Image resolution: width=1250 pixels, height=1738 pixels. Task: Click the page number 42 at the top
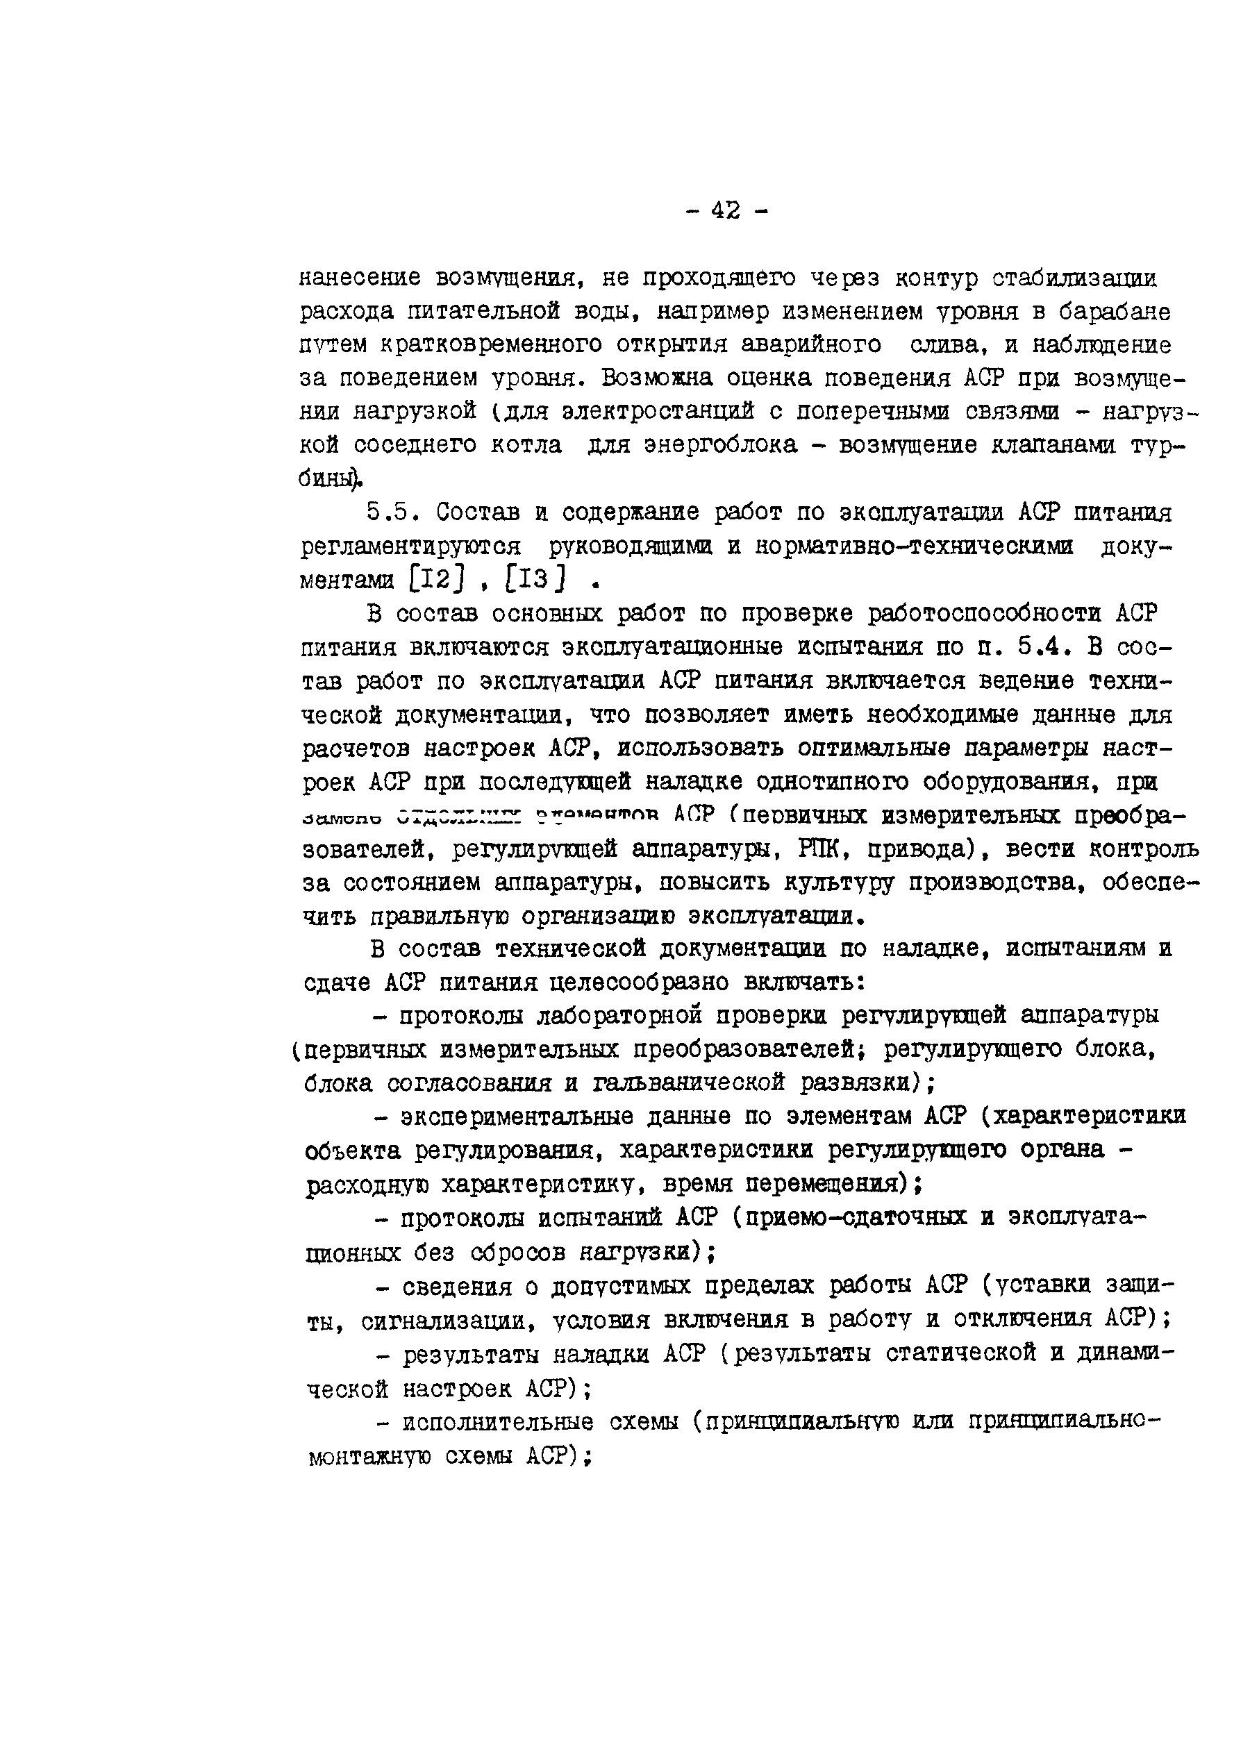coord(725,209)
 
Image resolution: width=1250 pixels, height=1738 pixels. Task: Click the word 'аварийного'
coord(812,345)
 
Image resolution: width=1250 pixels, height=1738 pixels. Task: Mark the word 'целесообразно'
coord(638,983)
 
